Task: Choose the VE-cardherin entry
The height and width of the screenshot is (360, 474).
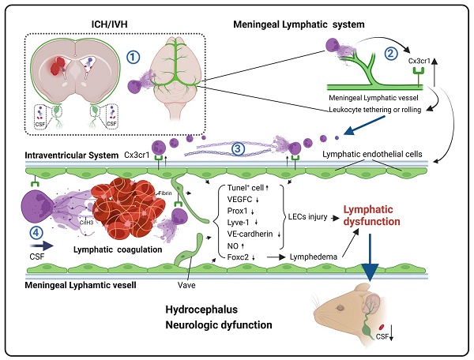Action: coord(249,233)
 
